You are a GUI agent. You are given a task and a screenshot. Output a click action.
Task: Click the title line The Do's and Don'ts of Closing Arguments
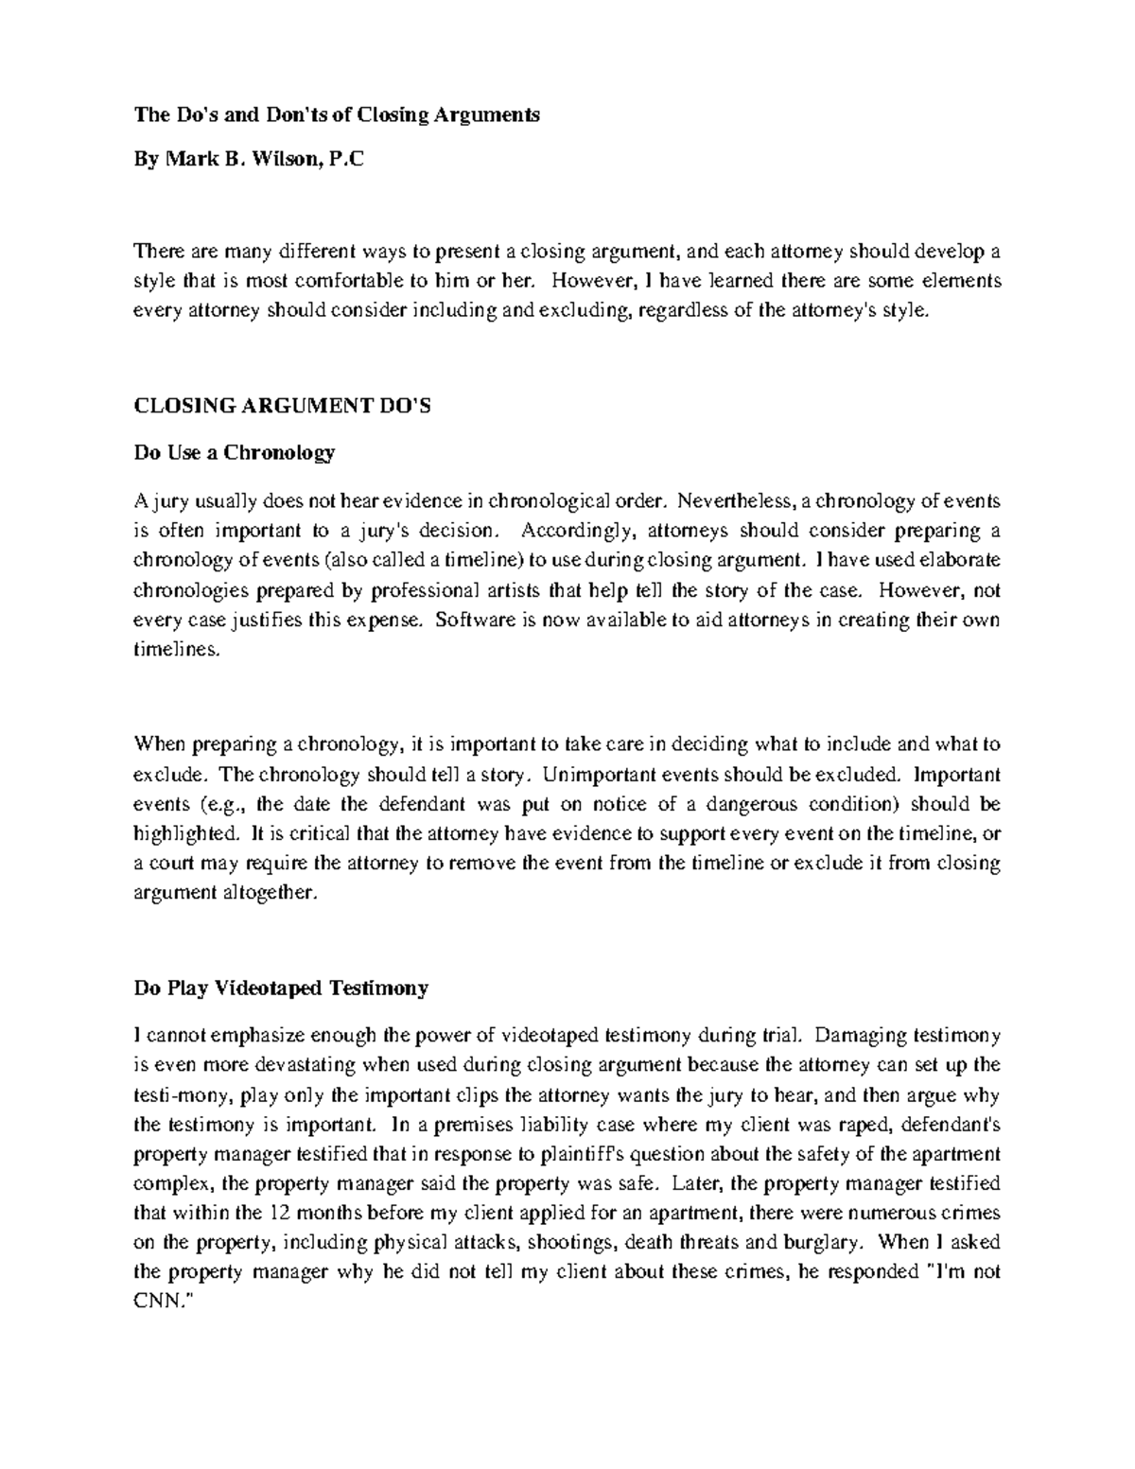(337, 115)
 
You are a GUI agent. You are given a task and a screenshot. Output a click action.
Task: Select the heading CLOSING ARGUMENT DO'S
(282, 407)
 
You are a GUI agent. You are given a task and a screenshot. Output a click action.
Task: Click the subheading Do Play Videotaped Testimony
(281, 988)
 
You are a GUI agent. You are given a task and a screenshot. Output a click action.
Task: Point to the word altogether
(266, 894)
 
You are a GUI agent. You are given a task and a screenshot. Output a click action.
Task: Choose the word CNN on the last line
(157, 1303)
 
